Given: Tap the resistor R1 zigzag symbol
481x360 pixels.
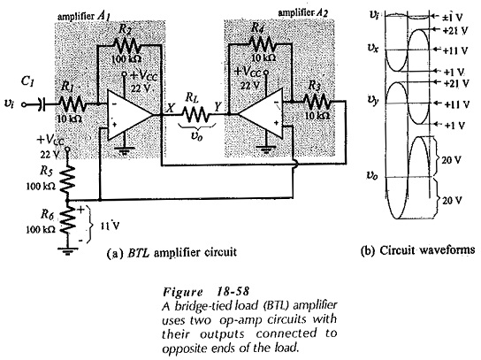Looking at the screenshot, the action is [x=72, y=104].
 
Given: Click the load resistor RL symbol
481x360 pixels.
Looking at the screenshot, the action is [x=196, y=114].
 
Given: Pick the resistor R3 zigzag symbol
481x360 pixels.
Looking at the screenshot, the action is [x=317, y=102].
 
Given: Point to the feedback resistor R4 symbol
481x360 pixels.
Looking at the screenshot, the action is [x=263, y=44].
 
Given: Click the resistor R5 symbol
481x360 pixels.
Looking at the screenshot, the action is [x=68, y=180].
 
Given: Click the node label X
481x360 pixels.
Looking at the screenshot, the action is [x=171, y=108].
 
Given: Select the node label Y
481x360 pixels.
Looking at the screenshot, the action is [x=218, y=106].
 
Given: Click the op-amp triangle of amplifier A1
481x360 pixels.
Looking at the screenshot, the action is [x=129, y=115].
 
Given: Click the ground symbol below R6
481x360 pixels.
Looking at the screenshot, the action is [x=68, y=251].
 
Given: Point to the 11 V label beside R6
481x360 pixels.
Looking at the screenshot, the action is [x=111, y=226].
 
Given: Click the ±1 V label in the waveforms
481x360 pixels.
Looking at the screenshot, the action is [x=452, y=17].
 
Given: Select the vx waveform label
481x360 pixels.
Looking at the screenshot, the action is [x=373, y=49].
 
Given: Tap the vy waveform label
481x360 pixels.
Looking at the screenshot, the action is [x=373, y=100].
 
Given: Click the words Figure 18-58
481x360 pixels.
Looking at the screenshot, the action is [x=206, y=291].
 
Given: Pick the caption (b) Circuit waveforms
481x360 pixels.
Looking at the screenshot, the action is [x=417, y=250].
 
